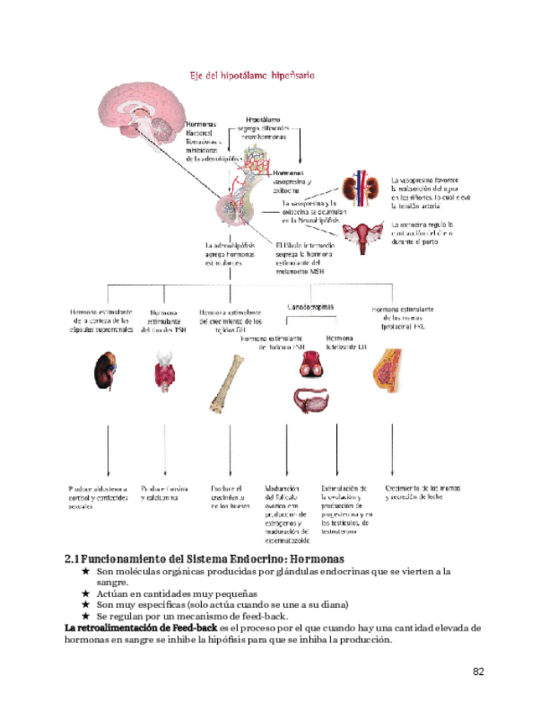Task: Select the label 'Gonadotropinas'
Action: [311, 308]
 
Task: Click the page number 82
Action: [479, 671]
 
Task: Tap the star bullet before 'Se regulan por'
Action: [85, 616]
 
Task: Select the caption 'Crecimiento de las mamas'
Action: [424, 488]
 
